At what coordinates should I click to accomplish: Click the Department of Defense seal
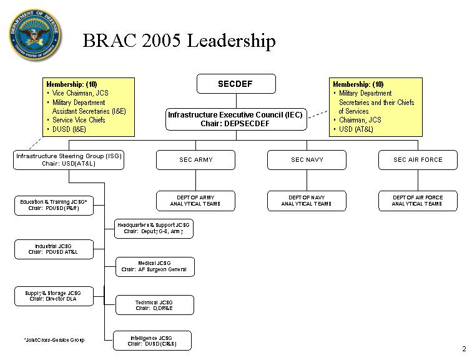(34, 34)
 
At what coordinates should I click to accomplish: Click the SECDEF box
(236, 84)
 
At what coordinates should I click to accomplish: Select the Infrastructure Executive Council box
(236, 119)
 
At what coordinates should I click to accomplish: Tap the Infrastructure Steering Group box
(69, 160)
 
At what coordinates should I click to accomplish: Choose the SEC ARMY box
(195, 160)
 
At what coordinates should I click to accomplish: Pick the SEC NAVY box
(307, 160)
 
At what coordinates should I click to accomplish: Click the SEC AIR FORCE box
(418, 160)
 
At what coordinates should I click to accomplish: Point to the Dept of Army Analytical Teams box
(195, 201)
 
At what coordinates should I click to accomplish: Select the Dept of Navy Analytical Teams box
(307, 201)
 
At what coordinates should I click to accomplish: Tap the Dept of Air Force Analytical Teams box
(418, 201)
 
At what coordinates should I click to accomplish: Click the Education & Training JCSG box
(54, 206)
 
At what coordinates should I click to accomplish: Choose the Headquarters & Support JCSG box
(154, 229)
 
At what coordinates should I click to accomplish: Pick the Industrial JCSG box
(54, 249)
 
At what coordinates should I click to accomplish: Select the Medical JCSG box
(155, 267)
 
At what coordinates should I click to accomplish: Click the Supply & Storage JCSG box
(54, 296)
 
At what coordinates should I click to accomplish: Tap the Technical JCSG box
(155, 305)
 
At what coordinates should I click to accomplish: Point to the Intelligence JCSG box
(152, 341)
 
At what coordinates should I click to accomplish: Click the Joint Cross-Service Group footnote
(54, 340)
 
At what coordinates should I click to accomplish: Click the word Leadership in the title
(231, 41)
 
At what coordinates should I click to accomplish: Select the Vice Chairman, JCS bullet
(78, 93)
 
